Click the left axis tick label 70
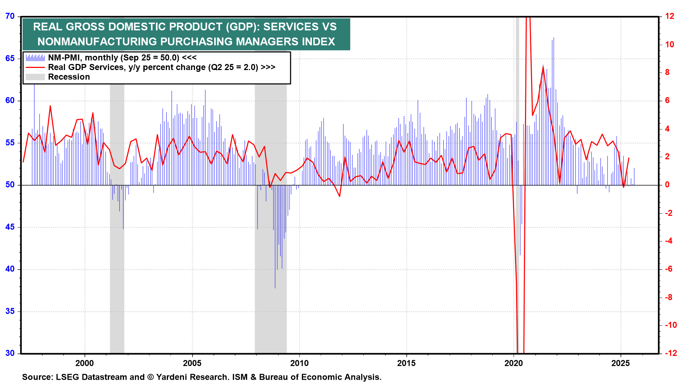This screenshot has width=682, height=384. (10, 16)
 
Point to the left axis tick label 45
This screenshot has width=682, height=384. (10, 227)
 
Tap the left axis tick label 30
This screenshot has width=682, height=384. (10, 353)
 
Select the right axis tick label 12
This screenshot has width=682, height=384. (670, 16)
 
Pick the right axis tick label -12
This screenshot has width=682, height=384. (670, 353)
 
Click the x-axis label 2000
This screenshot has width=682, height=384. (85, 363)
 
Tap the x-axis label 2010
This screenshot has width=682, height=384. (299, 363)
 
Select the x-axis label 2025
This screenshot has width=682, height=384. (620, 363)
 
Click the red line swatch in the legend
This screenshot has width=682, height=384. (35, 67)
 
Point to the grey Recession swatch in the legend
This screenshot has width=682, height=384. (35, 77)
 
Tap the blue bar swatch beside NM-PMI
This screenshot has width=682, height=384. (35, 58)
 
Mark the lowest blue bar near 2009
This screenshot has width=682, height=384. (275, 286)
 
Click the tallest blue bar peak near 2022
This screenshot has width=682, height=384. (553, 38)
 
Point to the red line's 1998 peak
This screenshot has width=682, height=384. (50, 106)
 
